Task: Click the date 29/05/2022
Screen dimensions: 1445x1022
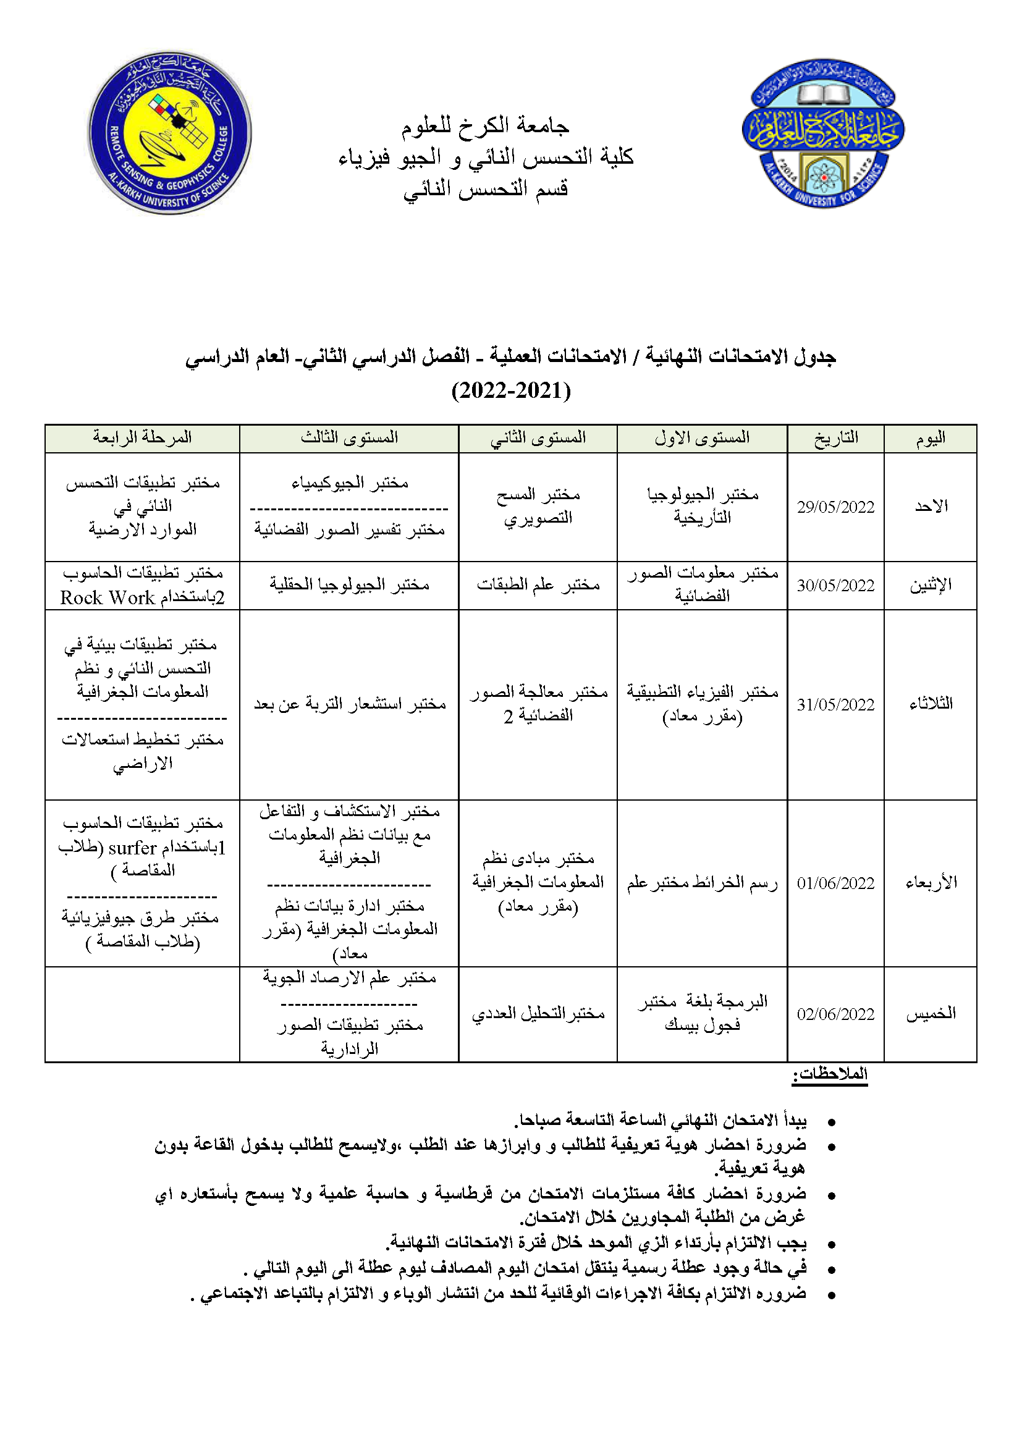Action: coord(835,507)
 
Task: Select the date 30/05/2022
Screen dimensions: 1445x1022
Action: coord(835,586)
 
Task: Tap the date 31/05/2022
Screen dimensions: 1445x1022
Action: coord(835,705)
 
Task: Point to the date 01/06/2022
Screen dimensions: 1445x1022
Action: coord(835,883)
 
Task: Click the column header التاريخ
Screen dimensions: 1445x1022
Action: coord(836,438)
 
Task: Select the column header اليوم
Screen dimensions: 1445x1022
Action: coord(930,438)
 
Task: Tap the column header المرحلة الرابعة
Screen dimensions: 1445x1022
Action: coord(142,437)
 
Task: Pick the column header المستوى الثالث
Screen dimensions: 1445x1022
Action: coord(349,437)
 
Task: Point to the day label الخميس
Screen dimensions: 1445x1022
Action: coord(931,1013)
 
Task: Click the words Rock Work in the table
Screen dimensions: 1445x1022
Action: coord(108,598)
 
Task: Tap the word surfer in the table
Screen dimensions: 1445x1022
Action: coord(132,848)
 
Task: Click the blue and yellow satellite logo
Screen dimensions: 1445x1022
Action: coord(169,133)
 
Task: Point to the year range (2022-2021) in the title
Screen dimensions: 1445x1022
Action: coord(511,391)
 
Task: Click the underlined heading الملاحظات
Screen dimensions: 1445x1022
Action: coord(830,1074)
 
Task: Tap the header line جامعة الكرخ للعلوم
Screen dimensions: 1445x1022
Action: coord(485,127)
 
